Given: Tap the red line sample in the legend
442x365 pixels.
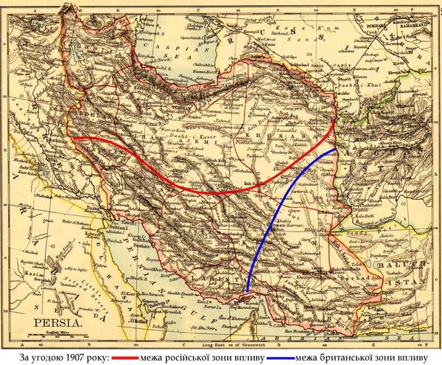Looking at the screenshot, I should click(x=134, y=358).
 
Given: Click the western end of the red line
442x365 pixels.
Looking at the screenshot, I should click(x=71, y=138).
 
